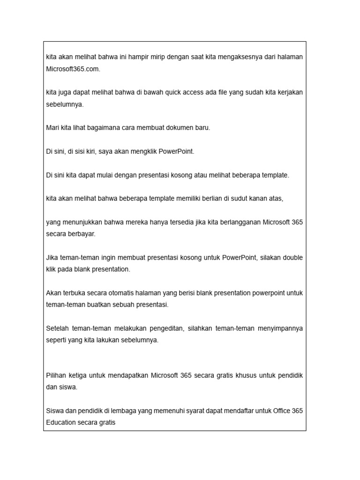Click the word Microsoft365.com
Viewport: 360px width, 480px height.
tap(73, 69)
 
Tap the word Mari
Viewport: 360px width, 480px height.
tap(52, 128)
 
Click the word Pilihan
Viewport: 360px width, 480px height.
tap(56, 375)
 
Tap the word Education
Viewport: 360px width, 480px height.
tap(61, 423)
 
